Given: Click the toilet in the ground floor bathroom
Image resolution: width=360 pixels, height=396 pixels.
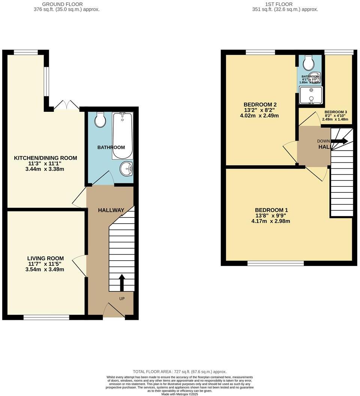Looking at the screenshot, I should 100,120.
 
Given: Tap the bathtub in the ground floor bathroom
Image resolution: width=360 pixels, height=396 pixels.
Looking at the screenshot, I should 122,136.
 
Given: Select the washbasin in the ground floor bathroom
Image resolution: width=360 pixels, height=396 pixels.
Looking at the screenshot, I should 127,169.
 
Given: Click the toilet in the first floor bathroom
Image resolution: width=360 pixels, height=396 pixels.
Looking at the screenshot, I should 309,63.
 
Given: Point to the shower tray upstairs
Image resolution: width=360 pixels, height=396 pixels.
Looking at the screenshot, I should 311,94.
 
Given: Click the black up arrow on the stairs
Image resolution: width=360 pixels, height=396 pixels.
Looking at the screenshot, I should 121,282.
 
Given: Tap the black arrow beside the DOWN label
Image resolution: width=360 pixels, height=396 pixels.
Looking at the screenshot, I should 339,141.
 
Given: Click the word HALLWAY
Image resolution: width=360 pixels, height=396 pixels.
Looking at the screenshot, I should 111,210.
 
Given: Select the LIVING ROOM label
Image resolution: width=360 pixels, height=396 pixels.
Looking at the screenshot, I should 45,258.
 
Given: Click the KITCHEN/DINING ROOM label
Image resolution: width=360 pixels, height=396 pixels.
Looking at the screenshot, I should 45,158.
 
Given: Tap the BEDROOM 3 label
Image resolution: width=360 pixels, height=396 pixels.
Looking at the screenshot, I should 336,112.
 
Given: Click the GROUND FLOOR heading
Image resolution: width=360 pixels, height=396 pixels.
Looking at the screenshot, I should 66,4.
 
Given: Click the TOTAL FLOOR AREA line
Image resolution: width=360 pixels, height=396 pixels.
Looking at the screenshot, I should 180,372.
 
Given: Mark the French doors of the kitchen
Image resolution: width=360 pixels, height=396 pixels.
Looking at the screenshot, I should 66,105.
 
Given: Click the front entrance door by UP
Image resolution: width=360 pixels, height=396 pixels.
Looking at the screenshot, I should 113,311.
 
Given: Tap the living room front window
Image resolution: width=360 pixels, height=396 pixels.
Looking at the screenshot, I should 46,318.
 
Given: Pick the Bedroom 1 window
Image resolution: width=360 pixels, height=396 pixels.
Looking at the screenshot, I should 276,264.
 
